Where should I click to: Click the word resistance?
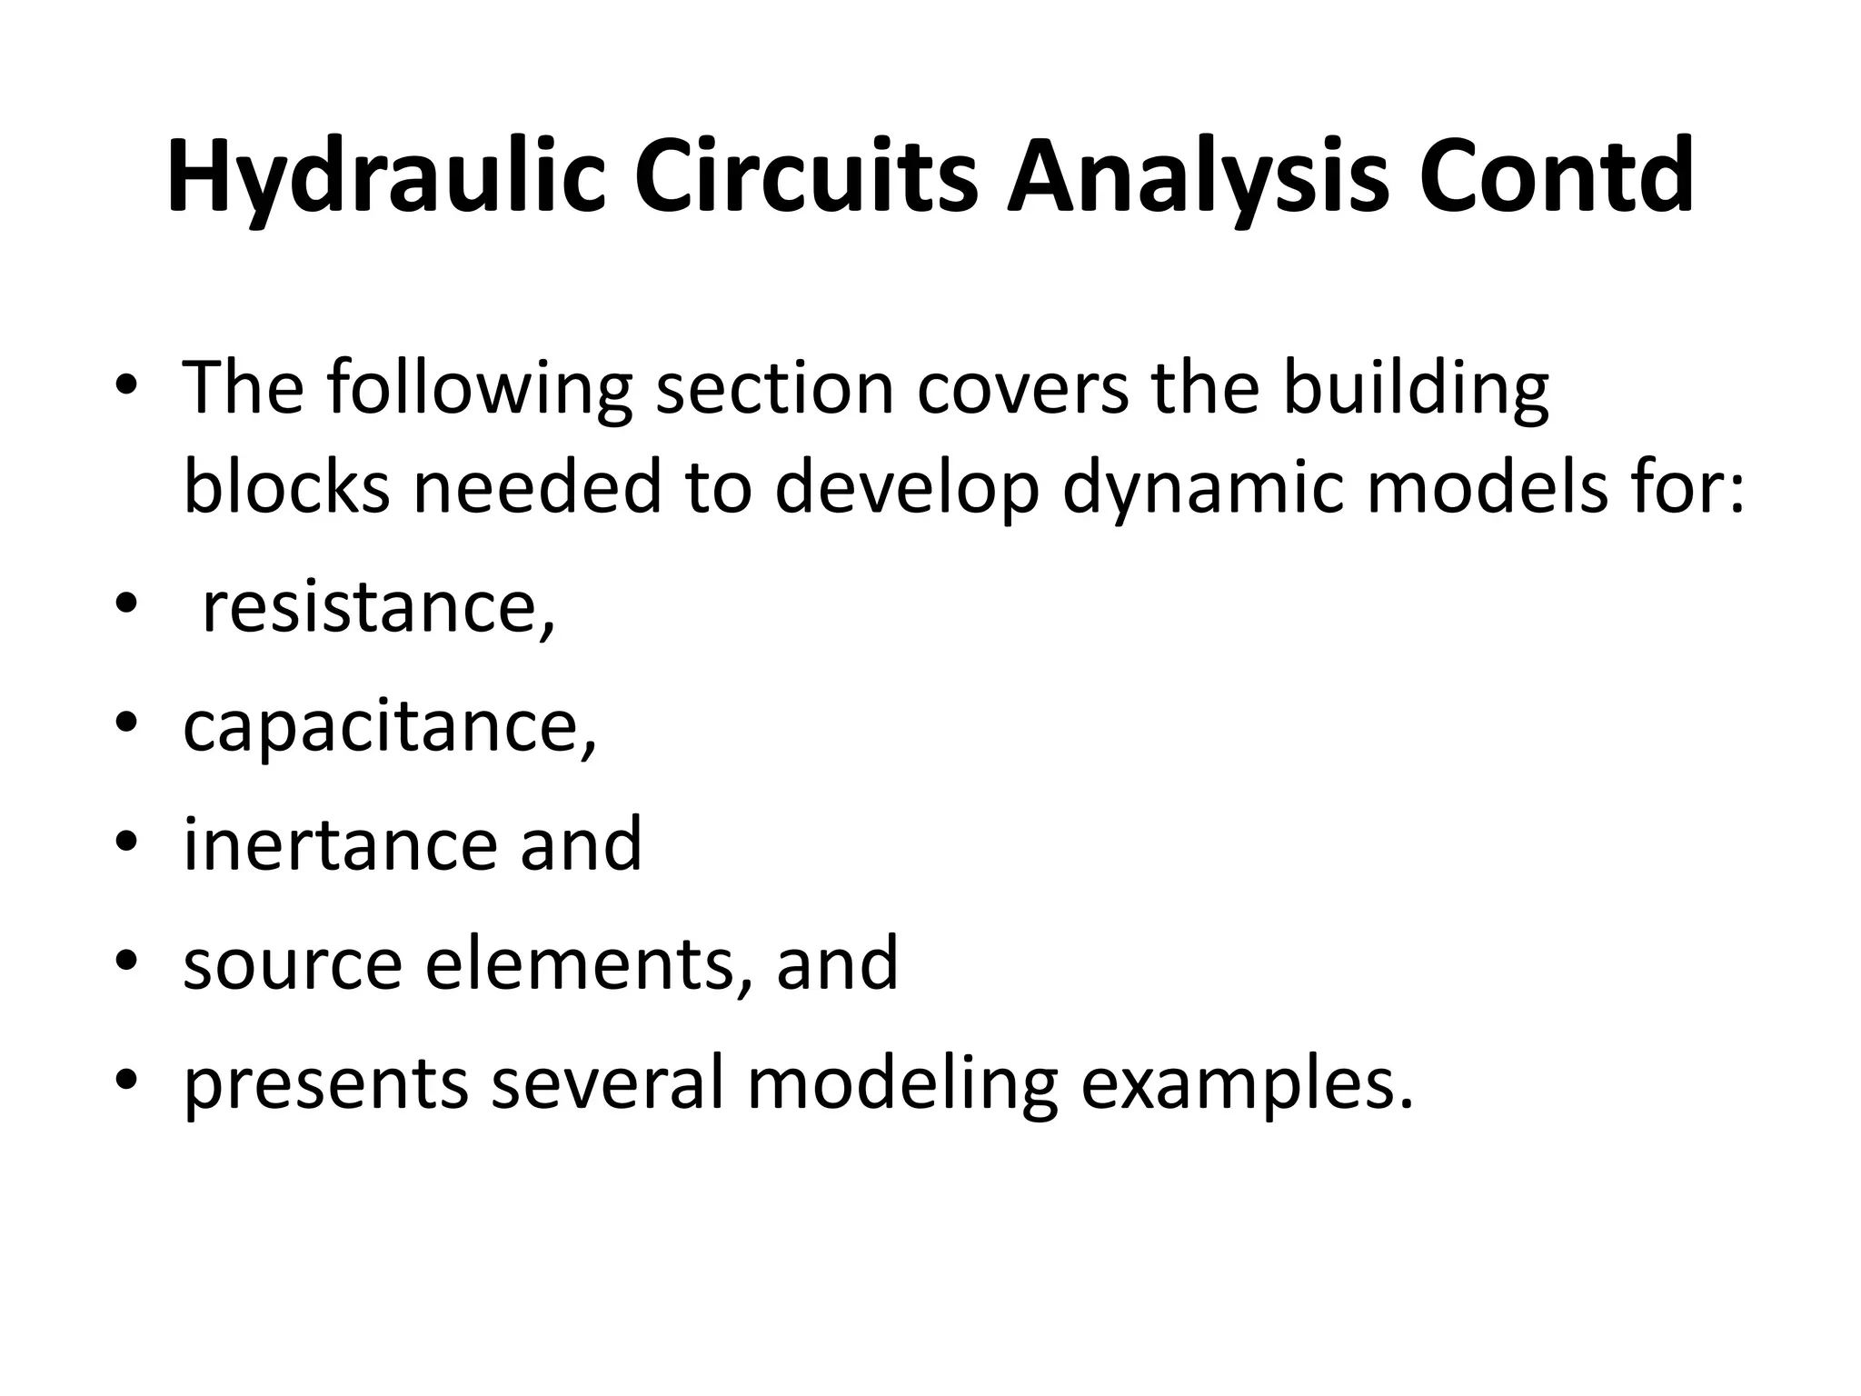click(x=377, y=607)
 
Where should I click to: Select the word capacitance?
click(x=389, y=727)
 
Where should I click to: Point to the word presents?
click(x=325, y=1083)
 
